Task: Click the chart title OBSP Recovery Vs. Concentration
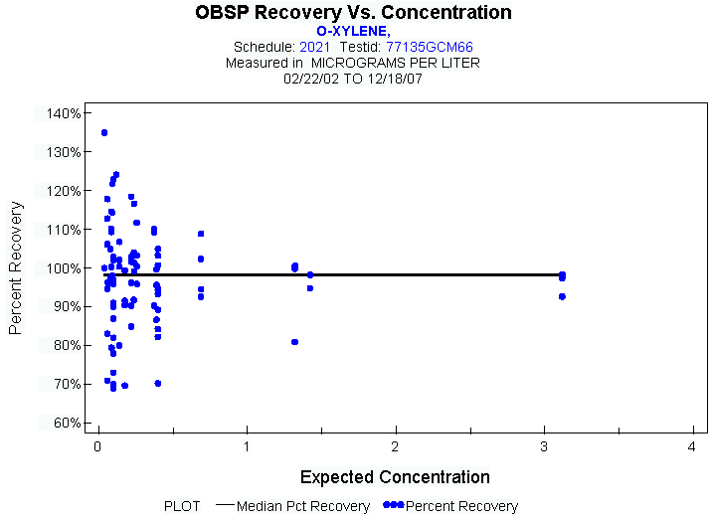pos(354,13)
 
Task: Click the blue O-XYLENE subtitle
pos(354,31)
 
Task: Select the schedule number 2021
pos(314,47)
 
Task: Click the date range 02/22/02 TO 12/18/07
pos(354,78)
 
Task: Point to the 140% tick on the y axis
pos(65,113)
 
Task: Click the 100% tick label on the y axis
pos(65,268)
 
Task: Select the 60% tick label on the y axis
pos(65,423)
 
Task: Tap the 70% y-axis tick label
pos(65,384)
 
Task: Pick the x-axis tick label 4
pos(692,447)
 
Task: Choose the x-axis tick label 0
pos(97,447)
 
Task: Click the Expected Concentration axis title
pos(395,477)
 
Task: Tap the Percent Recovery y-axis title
pos(17,267)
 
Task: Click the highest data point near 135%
pos(104,132)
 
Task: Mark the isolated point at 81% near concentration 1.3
pos(295,342)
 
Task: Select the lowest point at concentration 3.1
pos(562,296)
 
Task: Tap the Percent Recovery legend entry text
pos(461,506)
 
